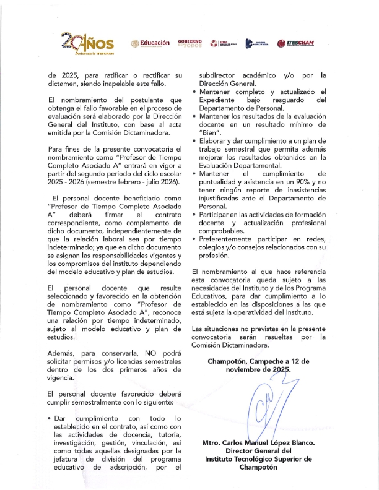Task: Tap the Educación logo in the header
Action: pyautogui.click(x=150, y=43)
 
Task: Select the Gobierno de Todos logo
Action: pyautogui.click(x=190, y=43)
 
